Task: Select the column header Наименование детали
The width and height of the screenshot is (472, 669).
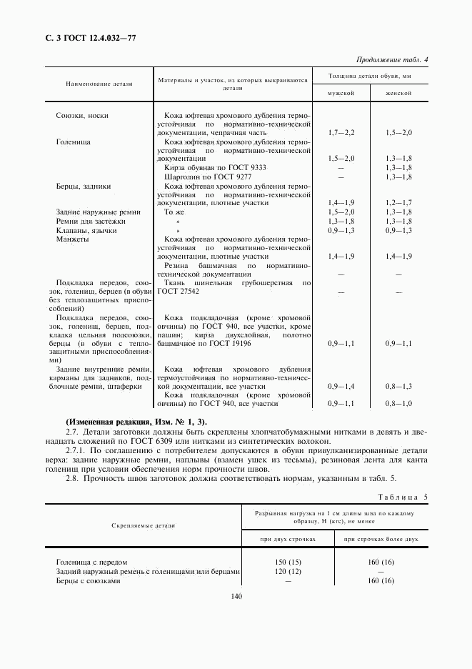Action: (99, 84)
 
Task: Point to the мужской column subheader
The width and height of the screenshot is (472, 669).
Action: (340, 94)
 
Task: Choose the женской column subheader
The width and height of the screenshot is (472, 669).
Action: (398, 94)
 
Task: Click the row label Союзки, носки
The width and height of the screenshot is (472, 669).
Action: (82, 115)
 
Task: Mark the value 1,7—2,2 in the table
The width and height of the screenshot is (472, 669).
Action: (341, 133)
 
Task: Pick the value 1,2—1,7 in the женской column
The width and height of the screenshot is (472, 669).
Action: (398, 203)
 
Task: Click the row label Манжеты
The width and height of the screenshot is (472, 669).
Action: (72, 239)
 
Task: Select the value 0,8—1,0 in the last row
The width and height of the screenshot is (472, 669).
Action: (398, 404)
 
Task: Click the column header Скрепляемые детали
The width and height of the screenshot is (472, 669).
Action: (144, 525)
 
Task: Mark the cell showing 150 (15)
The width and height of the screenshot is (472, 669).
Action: (288, 563)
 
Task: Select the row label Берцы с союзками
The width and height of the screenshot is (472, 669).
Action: (88, 581)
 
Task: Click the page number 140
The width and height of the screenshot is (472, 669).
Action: (238, 597)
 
